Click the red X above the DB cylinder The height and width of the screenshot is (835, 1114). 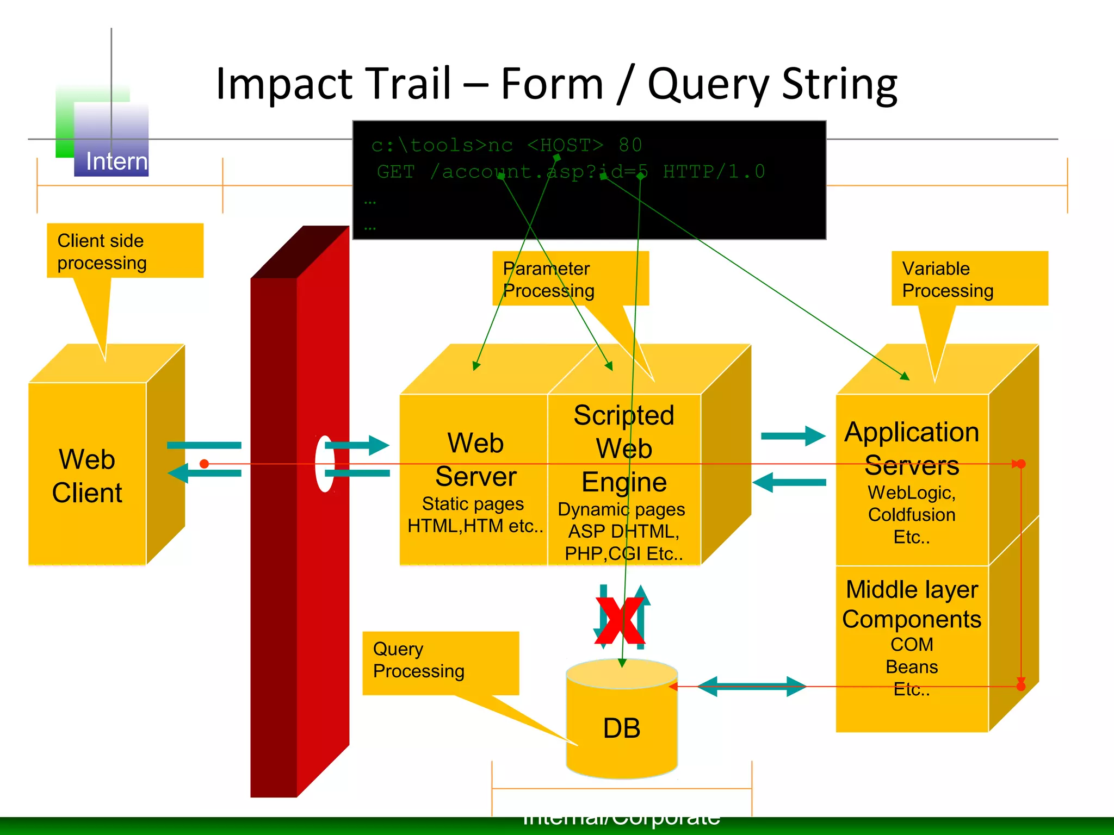pos(620,621)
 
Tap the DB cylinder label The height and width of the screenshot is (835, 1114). pos(621,728)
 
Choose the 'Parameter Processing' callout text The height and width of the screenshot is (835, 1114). pos(548,279)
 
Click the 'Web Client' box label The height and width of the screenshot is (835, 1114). pos(87,476)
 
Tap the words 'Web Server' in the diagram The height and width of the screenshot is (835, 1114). pos(475,460)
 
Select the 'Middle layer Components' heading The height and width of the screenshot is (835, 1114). pos(912,604)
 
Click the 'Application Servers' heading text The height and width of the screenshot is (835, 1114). pos(912,448)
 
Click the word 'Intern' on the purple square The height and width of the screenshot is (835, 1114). pos(116,161)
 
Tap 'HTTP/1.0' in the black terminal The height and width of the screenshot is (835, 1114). pos(714,172)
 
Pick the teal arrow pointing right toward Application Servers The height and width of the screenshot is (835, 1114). pos(793,436)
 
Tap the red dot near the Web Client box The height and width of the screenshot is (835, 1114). pos(205,464)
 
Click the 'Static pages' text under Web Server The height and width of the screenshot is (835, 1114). pos(473,504)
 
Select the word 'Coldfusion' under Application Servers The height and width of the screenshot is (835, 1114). pos(912,514)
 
